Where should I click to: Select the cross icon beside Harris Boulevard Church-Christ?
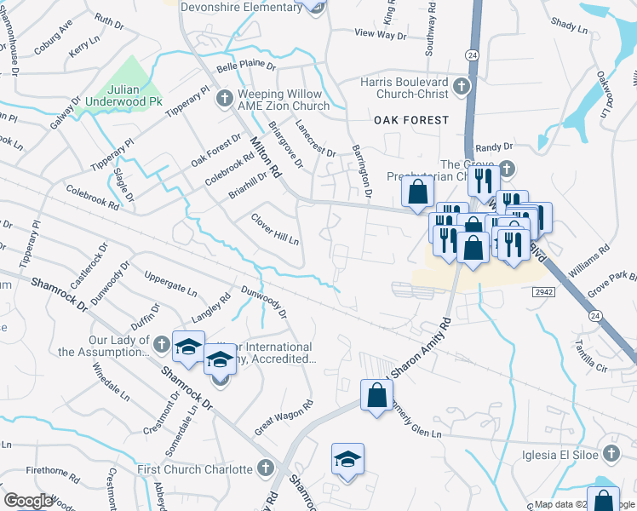(461, 85)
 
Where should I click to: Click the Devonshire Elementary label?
(242, 6)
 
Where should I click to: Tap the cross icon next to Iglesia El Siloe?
(610, 452)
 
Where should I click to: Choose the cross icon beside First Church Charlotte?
(266, 468)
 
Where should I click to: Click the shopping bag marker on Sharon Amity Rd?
(376, 395)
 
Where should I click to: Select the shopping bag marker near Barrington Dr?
(417, 192)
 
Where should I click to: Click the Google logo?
(27, 501)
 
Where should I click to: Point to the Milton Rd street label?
(265, 158)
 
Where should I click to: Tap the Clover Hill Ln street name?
(275, 228)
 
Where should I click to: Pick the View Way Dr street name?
(381, 34)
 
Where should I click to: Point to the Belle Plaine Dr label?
(246, 65)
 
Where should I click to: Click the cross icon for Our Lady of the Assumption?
(161, 342)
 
